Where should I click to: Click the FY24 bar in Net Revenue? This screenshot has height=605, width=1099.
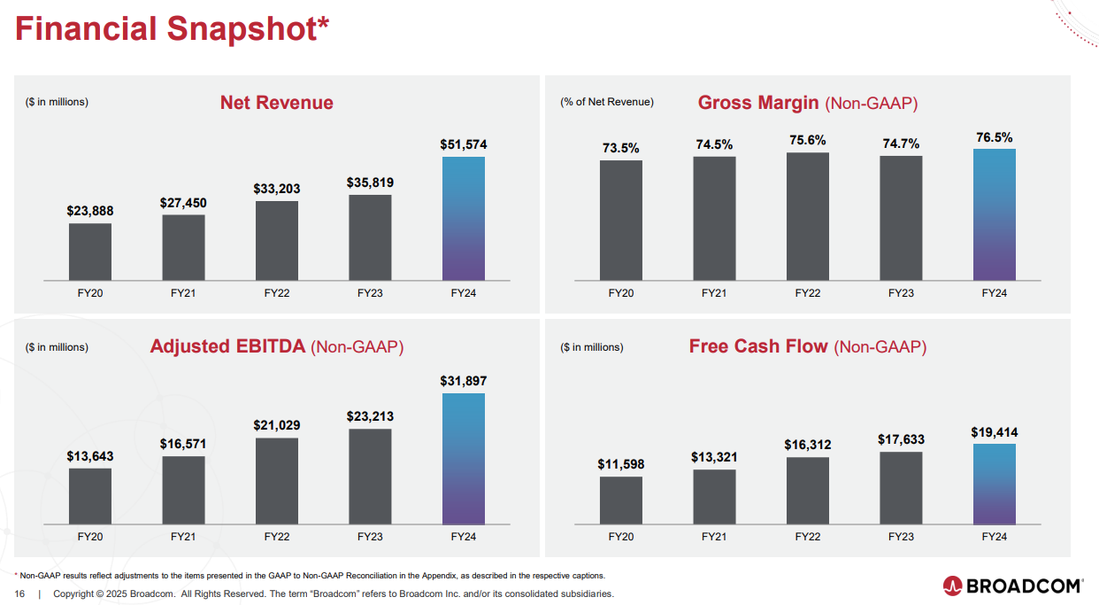tap(463, 218)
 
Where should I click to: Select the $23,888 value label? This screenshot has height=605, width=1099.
tap(90, 211)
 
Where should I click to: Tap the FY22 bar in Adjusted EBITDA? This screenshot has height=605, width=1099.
tap(277, 480)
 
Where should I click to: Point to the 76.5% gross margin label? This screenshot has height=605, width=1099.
tap(995, 137)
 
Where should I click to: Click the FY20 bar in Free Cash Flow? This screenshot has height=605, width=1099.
tap(621, 500)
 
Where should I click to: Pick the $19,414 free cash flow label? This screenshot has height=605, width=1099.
tap(995, 433)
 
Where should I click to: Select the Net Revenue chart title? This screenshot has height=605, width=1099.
tap(277, 103)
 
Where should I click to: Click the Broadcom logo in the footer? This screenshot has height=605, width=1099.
tap(1013, 586)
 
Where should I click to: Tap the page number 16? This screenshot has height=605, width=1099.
tap(19, 593)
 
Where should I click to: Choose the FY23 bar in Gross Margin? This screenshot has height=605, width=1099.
tap(901, 218)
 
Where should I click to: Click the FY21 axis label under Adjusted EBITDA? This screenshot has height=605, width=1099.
tap(183, 537)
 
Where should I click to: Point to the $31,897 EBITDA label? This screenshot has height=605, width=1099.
tap(463, 381)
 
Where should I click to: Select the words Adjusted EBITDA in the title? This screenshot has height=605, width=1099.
tap(227, 346)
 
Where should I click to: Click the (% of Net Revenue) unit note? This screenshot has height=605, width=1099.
tap(607, 102)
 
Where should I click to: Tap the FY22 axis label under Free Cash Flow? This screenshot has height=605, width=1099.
tap(808, 537)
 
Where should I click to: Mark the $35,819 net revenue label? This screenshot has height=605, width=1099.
tap(370, 182)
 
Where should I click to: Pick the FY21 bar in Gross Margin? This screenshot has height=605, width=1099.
tap(714, 218)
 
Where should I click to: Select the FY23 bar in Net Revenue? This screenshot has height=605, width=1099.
tap(370, 237)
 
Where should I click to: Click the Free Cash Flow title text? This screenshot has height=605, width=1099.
tap(758, 346)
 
